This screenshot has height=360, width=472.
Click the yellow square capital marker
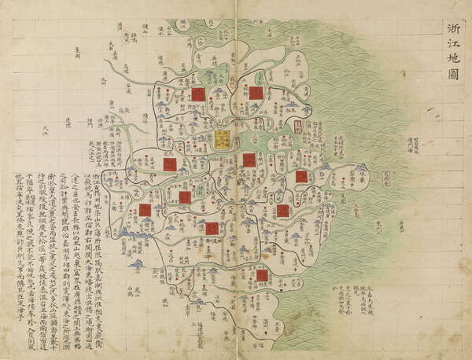click(223, 140)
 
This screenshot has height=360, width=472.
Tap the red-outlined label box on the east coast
click(297, 125)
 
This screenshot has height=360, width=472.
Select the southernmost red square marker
click(262, 275)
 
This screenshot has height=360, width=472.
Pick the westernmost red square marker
click(145, 210)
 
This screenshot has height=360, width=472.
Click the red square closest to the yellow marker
click(249, 160)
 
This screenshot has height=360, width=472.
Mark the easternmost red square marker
click(301, 177)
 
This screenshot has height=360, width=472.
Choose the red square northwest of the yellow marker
click(199, 94)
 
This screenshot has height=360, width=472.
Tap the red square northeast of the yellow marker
click(256, 93)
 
